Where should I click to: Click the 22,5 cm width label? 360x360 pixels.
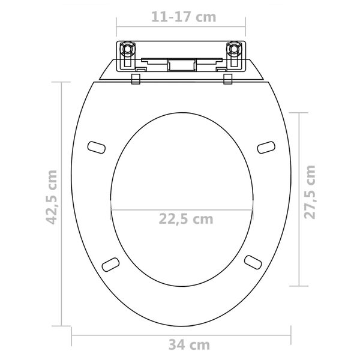pyautogui.click(x=185, y=218)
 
